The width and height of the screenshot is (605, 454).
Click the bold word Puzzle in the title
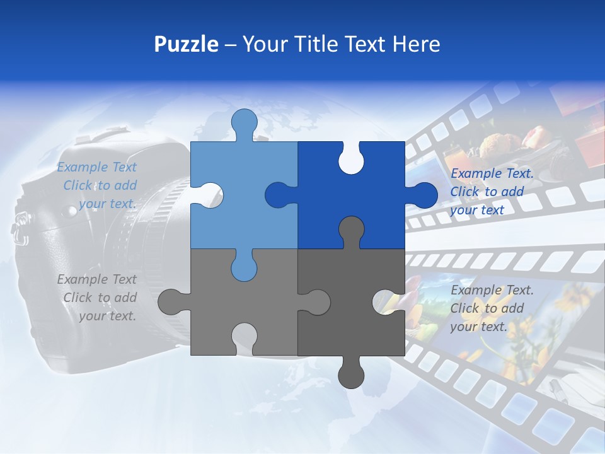coord(187,44)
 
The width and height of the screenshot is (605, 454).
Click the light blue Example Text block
coord(98,185)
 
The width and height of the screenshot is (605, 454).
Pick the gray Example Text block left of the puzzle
coord(98,298)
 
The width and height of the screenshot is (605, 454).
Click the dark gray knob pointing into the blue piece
coord(351,230)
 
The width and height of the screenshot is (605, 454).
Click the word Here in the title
coord(416,44)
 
